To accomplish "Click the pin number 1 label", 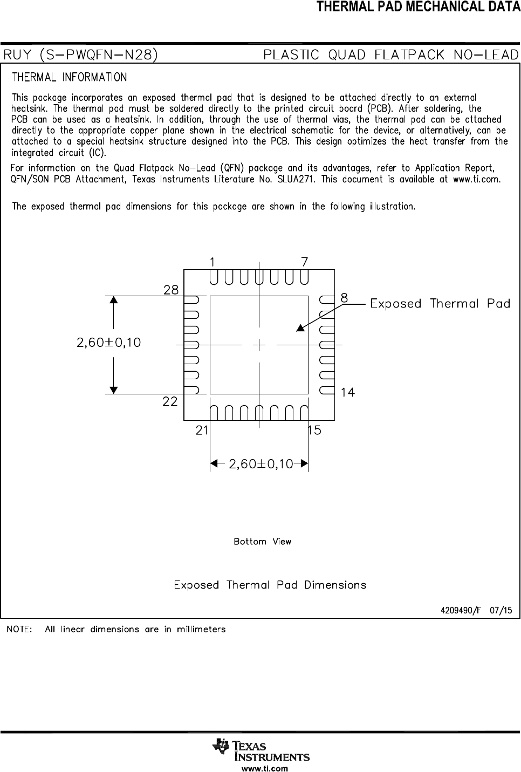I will click(x=213, y=262).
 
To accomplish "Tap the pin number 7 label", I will click(x=305, y=262).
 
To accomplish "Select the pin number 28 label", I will click(x=171, y=290).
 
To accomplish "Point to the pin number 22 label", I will click(x=170, y=402).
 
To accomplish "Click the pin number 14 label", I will click(x=348, y=393).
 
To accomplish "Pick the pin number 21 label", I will click(x=202, y=431).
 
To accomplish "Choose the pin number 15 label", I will click(x=314, y=431).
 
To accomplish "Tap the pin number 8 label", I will click(x=344, y=298).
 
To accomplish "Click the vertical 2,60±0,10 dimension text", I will click(x=109, y=343).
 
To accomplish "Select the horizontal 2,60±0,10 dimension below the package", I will click(x=261, y=464).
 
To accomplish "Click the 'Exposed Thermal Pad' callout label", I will click(x=440, y=304).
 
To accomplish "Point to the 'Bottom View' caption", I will click(x=262, y=542).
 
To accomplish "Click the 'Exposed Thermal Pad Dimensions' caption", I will click(x=270, y=585).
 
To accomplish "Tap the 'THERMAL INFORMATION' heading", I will click(x=70, y=77).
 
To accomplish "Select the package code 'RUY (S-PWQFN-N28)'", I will click(x=81, y=55).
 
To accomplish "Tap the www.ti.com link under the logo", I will click(x=262, y=768).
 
